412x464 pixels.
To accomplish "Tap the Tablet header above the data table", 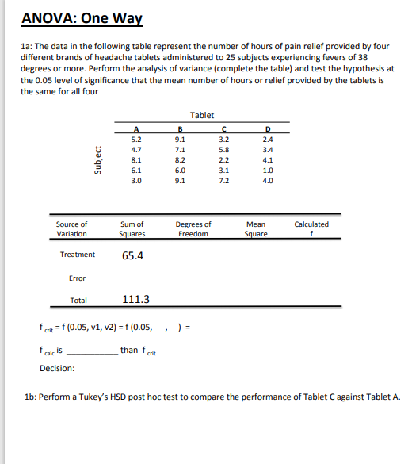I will tap(202, 116).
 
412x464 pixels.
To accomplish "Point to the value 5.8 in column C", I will tap(225, 148).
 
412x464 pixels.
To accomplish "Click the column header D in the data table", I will tap(269, 128).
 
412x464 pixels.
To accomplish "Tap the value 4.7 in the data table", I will tap(136, 148).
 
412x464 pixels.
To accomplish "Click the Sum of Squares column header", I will tap(132, 229).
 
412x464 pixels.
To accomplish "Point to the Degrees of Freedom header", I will tap(194, 229).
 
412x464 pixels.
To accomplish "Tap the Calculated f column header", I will tap(311, 229).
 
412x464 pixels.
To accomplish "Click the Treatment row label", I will tap(78, 255).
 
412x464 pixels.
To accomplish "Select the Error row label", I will tap(78, 278).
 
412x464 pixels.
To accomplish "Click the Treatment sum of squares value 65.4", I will tap(132, 255).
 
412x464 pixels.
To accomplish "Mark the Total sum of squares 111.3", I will tap(136, 300).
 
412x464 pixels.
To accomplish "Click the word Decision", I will tap(57, 368).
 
